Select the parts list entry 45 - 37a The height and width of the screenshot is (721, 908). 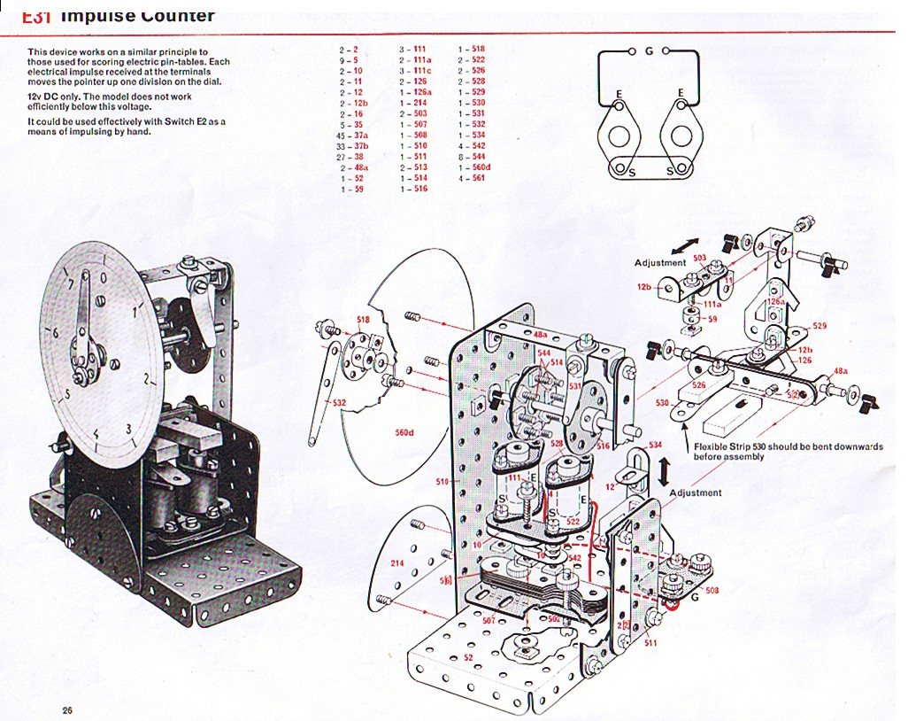[352, 135]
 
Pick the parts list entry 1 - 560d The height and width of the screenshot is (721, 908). [473, 167]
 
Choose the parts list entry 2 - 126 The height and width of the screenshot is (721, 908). [413, 81]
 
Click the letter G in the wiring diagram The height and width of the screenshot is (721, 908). [649, 51]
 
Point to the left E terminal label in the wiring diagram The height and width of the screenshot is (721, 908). [619, 93]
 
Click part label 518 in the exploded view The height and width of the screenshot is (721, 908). [363, 319]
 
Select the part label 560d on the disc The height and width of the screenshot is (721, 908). [405, 432]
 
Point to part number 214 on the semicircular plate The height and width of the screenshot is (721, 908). [396, 562]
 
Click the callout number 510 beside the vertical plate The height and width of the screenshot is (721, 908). [444, 483]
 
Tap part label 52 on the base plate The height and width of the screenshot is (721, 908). [468, 656]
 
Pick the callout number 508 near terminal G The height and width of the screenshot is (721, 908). [712, 589]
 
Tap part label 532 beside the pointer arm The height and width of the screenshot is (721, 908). [339, 403]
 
